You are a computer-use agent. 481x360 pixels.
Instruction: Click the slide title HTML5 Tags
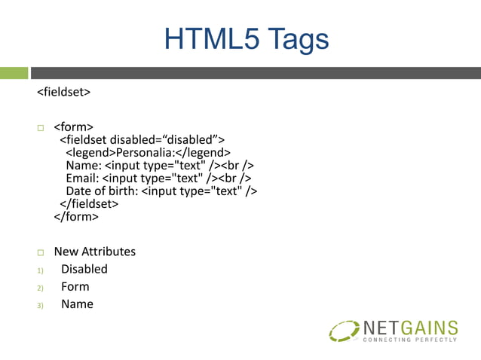pos(247,39)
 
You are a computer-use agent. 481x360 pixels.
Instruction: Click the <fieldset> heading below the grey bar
pos(64,93)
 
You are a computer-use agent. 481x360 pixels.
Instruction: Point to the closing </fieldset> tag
pos(89,204)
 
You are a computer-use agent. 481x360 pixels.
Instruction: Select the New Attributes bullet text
pos(94,252)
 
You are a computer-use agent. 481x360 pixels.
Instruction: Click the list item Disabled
pos(84,269)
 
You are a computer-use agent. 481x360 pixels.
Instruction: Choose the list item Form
pos(75,287)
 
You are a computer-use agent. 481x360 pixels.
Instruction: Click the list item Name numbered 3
pos(77,304)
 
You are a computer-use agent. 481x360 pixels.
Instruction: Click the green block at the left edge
pos(14,73)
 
